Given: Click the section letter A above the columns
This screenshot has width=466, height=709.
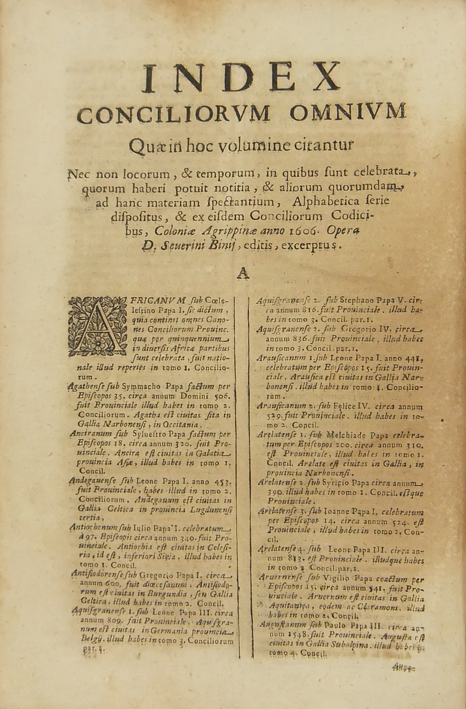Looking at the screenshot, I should (243, 275).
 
